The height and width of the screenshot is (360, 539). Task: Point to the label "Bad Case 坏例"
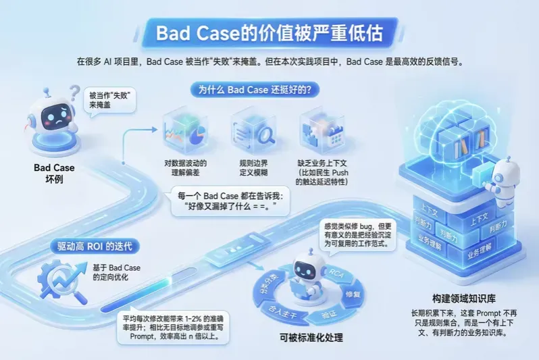click(54, 174)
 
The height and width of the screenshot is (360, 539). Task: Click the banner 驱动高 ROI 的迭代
click(93, 245)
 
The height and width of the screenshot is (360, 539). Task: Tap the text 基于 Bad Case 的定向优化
click(117, 273)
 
